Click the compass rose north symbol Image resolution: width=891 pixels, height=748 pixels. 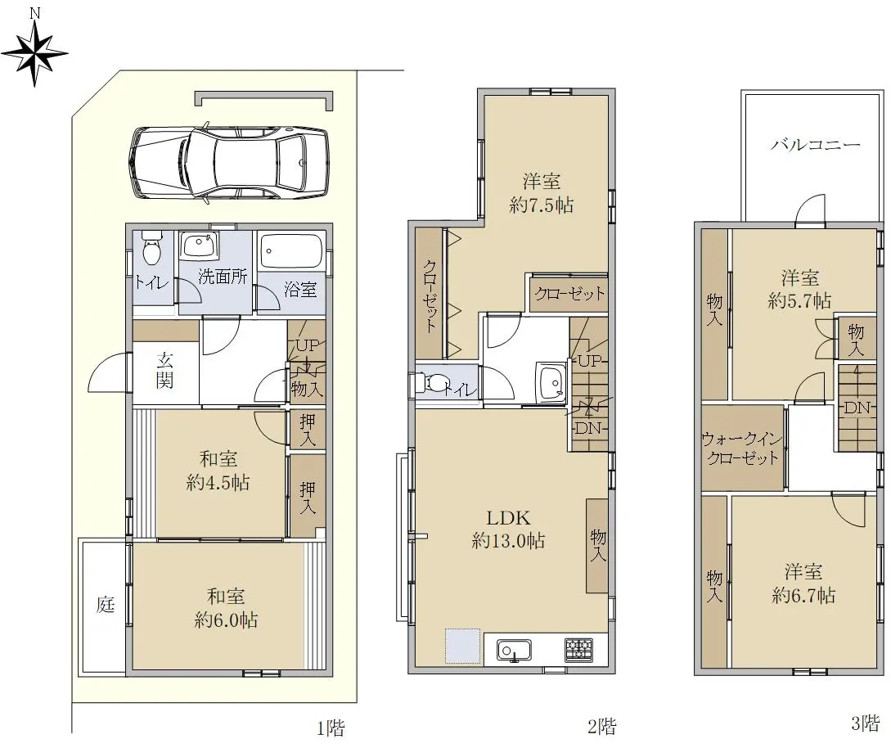point(34,52)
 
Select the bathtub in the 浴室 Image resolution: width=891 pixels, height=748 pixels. point(291,250)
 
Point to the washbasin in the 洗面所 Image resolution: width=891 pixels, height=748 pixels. point(200,247)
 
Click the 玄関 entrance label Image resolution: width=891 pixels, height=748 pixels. point(164,370)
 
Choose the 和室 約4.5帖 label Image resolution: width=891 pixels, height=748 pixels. point(218,471)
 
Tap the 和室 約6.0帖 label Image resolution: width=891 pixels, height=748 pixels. point(226,608)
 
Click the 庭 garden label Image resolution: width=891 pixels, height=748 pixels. point(105,604)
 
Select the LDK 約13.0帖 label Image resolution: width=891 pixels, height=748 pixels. point(509,529)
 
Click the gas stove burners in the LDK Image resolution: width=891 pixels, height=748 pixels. point(578,649)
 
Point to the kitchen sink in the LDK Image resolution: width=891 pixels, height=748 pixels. point(515,650)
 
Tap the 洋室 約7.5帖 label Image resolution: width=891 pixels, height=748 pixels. point(542,193)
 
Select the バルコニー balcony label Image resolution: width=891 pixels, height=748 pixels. point(816,144)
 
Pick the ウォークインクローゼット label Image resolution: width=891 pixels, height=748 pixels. point(742,448)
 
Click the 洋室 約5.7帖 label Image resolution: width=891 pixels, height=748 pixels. point(800,290)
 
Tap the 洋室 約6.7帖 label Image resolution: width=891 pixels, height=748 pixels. point(803,584)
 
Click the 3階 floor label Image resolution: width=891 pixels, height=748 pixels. point(866,723)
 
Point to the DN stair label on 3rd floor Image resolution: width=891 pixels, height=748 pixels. point(857,408)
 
